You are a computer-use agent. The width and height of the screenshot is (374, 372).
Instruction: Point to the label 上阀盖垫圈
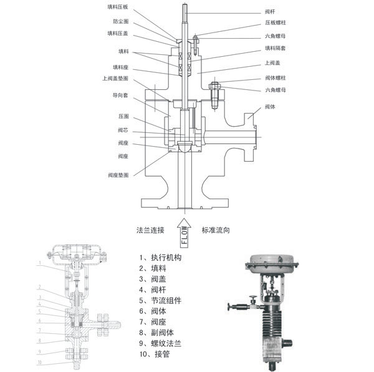tap(115, 79)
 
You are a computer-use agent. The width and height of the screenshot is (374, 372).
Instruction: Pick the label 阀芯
tap(123, 130)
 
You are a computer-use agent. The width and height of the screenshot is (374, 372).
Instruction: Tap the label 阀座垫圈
tap(118, 175)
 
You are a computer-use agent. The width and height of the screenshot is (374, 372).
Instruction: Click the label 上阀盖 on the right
tap(272, 62)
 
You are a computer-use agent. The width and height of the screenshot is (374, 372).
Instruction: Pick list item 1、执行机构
tap(162, 257)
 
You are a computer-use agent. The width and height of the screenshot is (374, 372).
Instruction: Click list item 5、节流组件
tap(162, 300)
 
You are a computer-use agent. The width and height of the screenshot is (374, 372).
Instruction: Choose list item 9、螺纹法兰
tap(162, 343)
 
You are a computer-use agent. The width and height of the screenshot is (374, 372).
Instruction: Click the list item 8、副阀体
tap(158, 332)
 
